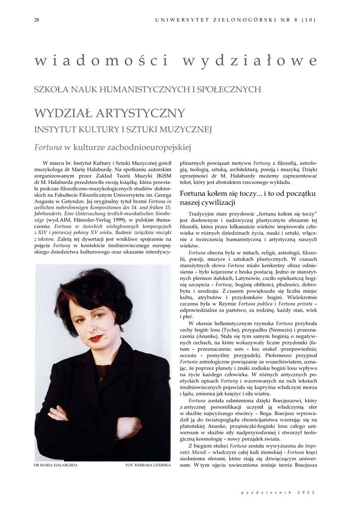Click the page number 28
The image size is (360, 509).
pyautogui.click(x=36, y=20)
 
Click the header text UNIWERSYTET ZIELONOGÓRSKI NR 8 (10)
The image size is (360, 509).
pyautogui.click(x=235, y=20)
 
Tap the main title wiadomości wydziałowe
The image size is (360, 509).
pyautogui.click(x=176, y=61)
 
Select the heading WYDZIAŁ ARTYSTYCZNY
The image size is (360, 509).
pyautogui.click(x=109, y=113)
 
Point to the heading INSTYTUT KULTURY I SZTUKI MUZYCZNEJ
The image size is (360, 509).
pyautogui.click(x=123, y=130)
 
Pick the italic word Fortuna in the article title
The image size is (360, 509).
pyautogui.click(x=48, y=147)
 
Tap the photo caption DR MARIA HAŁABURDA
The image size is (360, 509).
pyautogui.click(x=55, y=466)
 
